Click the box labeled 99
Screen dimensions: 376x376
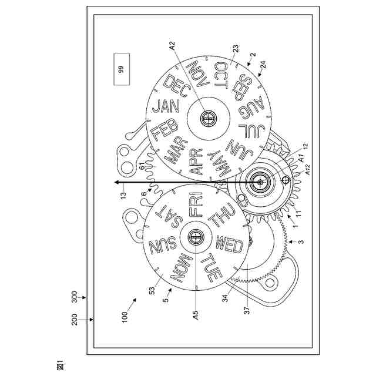click(121, 69)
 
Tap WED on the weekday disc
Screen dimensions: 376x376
click(229, 243)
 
